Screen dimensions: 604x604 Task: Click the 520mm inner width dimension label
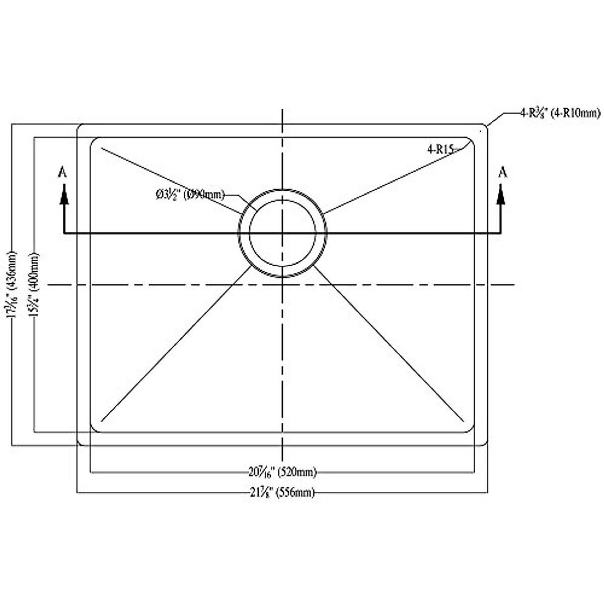click(282, 472)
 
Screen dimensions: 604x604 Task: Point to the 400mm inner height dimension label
click(34, 284)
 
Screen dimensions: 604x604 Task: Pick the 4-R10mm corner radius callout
click(560, 114)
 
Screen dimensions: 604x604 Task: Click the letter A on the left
click(63, 172)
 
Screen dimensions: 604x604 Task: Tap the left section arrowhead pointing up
click(63, 194)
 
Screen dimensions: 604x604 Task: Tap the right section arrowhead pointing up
click(501, 194)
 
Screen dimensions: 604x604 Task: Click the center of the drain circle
click(282, 233)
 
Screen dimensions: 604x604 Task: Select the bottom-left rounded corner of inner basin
click(93, 428)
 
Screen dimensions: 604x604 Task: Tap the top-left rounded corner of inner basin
click(93, 140)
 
